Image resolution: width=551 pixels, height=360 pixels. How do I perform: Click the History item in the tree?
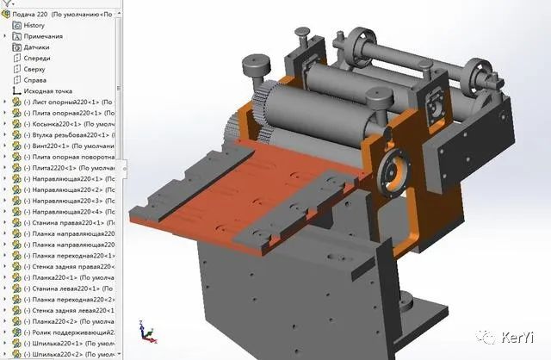34,25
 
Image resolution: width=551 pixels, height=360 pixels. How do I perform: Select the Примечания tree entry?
43,36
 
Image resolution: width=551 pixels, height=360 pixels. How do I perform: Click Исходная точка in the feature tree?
47,91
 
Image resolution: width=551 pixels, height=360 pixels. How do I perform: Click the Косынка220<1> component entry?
60,124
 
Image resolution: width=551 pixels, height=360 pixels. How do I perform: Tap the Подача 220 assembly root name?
34,14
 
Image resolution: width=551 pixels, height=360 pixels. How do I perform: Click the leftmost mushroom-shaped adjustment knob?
257,66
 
